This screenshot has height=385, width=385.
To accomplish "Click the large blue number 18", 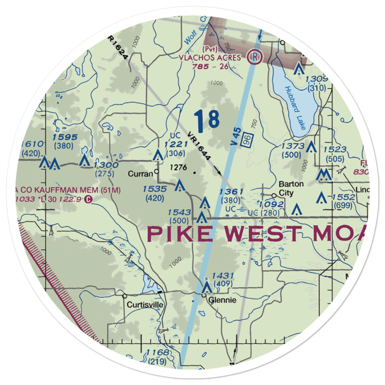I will pyautogui.click(x=207, y=120).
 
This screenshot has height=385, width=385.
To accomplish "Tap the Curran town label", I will pyautogui.click(x=141, y=174).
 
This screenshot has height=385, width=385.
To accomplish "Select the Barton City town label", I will pyautogui.click(x=291, y=188).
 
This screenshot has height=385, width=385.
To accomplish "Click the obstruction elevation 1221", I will pyautogui.click(x=176, y=144).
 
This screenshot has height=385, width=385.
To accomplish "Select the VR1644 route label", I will pyautogui.click(x=200, y=146).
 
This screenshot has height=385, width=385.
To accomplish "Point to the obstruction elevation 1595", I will pyautogui.click(x=65, y=137).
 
